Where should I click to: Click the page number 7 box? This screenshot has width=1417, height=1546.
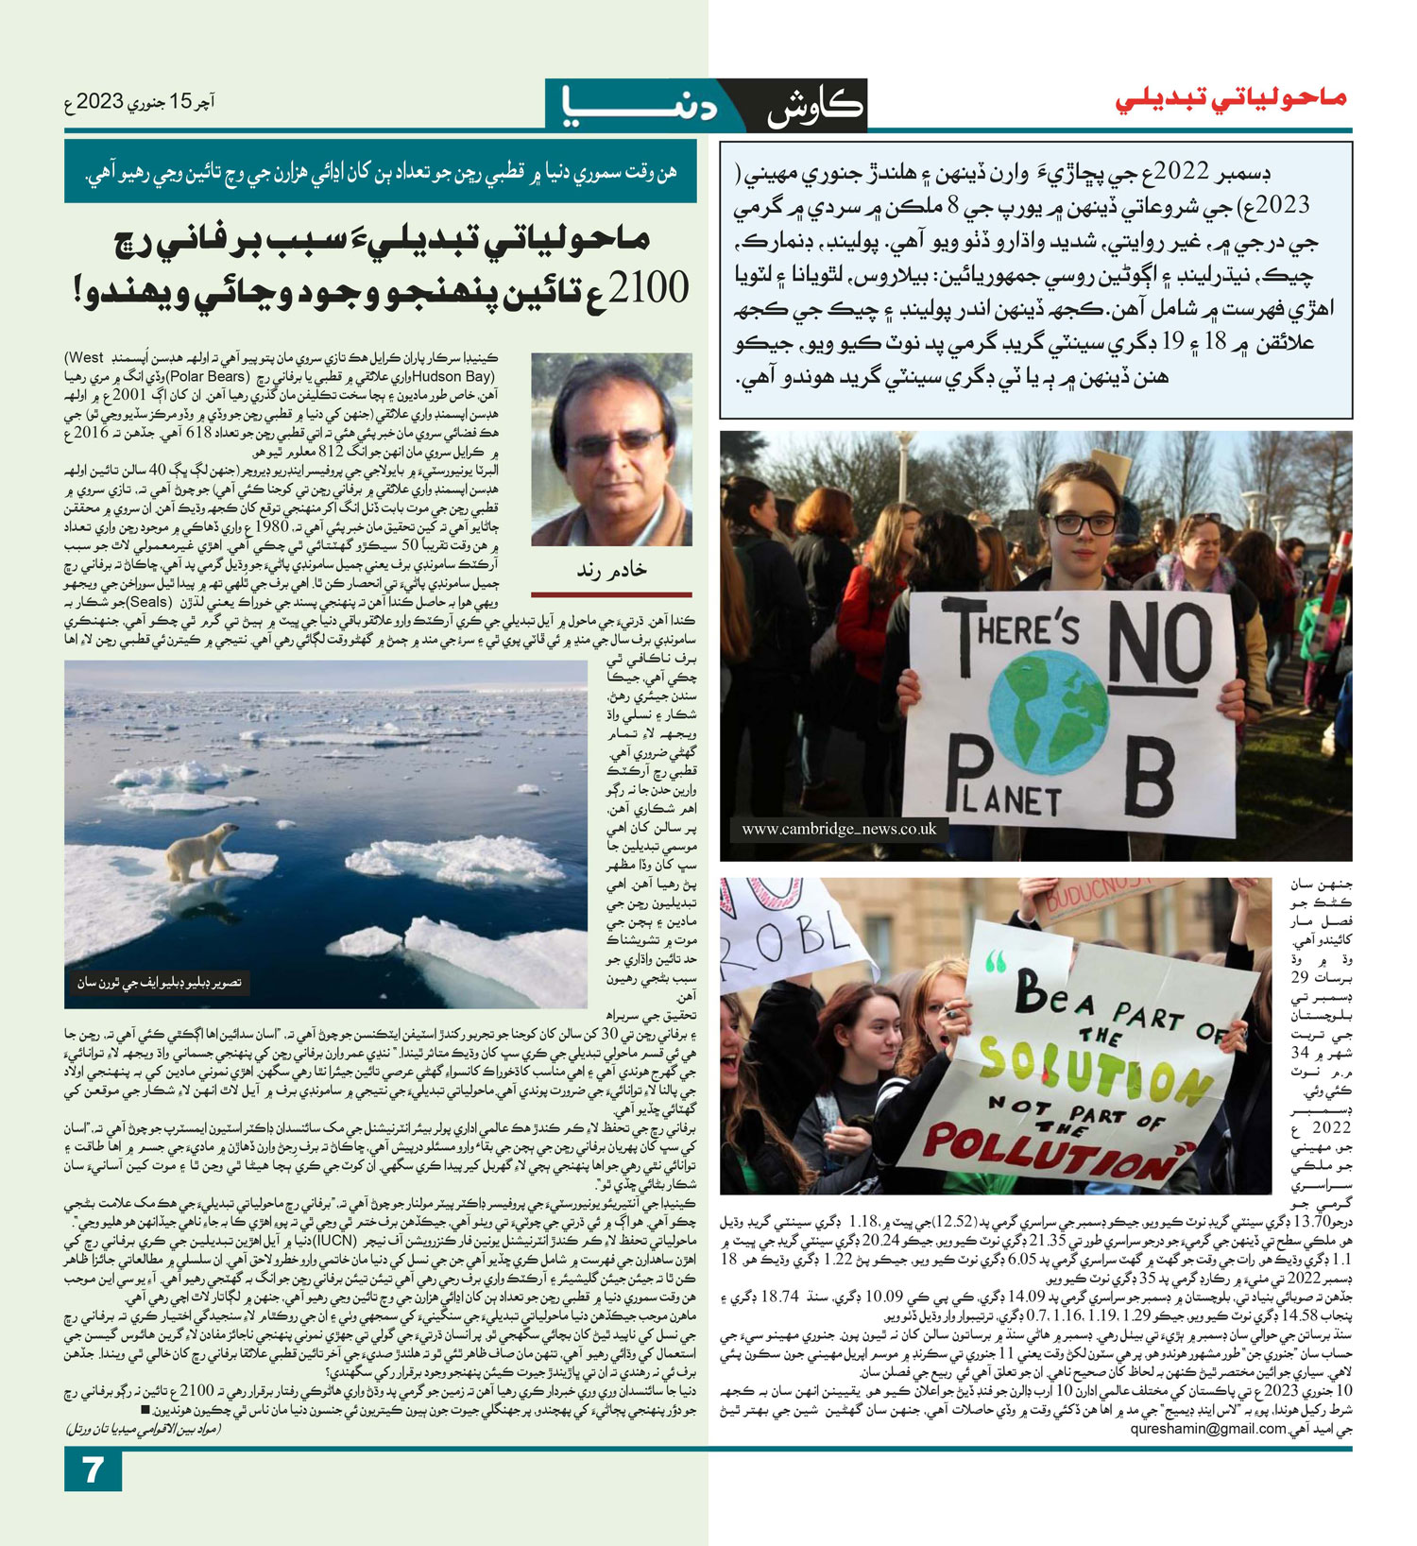click(93, 1470)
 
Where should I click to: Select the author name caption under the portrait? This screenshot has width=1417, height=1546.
click(611, 570)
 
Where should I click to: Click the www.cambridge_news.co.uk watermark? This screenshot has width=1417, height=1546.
click(838, 829)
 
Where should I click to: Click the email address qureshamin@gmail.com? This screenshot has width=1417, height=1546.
click(1208, 1430)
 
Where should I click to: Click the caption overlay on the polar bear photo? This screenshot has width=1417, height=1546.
click(160, 984)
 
